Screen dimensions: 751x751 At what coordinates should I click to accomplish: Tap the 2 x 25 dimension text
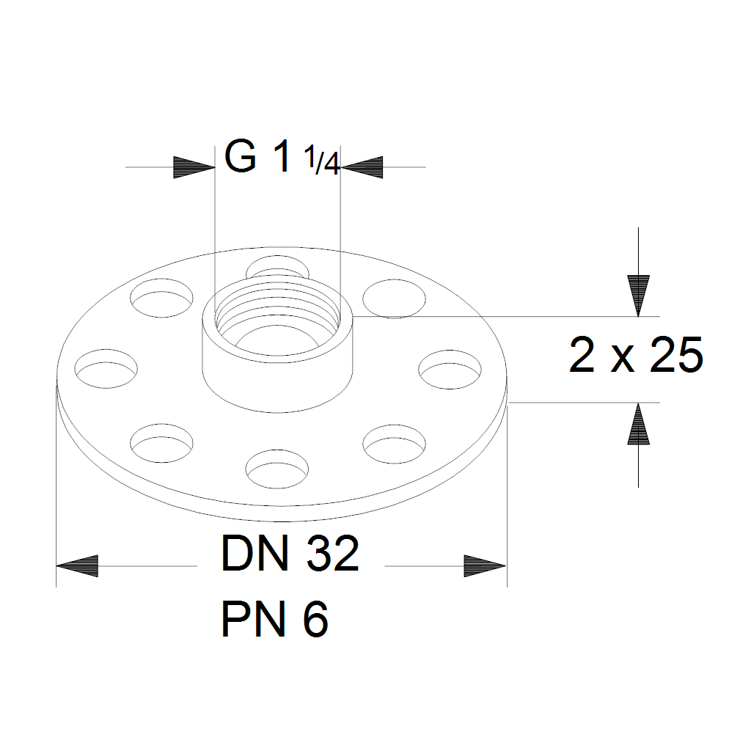tap(636, 356)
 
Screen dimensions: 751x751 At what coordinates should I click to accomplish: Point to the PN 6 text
tap(274, 620)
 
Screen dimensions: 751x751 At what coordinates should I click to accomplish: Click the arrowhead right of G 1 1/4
tap(362, 167)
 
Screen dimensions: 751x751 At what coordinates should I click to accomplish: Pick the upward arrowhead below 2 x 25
tap(639, 425)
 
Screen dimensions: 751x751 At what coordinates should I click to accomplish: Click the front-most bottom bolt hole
tap(277, 464)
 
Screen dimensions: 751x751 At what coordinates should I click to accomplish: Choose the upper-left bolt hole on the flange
tap(162, 298)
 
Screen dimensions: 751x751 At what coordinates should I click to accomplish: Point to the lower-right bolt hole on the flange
tap(395, 440)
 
